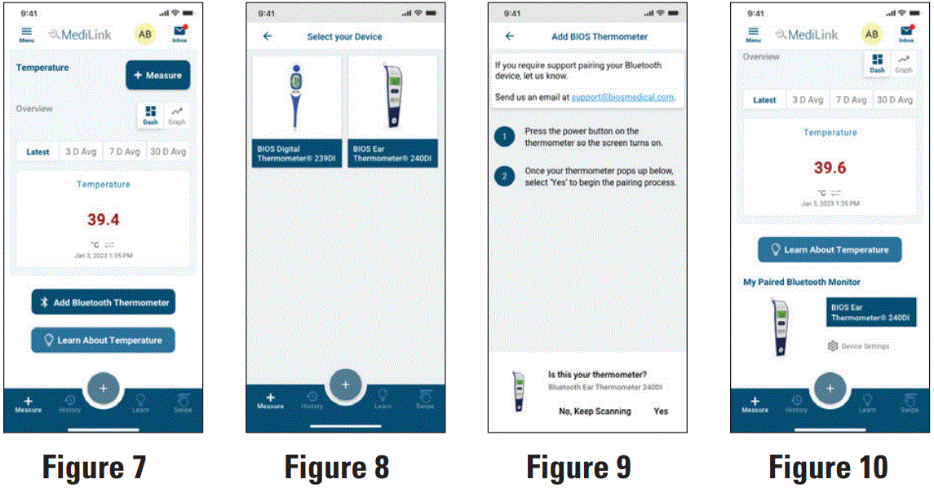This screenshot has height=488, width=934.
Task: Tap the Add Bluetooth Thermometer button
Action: [x=104, y=302]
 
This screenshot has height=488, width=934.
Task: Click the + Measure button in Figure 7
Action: [x=157, y=75]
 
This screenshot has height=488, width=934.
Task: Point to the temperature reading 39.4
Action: [x=104, y=219]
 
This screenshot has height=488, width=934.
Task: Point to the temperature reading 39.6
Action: [x=830, y=168]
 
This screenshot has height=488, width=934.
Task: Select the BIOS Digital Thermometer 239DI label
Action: [x=295, y=154]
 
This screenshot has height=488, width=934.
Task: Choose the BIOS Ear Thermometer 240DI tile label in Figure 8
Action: [x=392, y=154]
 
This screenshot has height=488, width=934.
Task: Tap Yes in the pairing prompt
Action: [x=661, y=411]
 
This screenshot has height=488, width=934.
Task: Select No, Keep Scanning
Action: [x=595, y=411]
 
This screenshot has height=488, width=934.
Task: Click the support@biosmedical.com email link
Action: [x=622, y=97]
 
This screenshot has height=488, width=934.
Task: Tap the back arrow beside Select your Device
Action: [x=268, y=37]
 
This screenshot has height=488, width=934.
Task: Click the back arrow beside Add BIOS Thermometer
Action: [x=510, y=37]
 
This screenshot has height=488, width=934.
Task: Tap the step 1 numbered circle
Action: [x=505, y=136]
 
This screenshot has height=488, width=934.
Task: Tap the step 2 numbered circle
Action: [x=505, y=176]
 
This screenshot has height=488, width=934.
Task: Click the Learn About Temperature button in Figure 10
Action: [x=830, y=250]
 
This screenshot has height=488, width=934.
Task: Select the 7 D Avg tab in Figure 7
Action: [x=125, y=152]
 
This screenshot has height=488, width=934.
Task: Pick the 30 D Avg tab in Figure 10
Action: [x=894, y=99]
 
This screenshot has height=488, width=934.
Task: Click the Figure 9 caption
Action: [x=578, y=468]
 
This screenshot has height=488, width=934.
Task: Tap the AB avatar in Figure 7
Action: [x=144, y=33]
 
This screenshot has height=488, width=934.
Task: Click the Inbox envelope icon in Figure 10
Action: [x=906, y=32]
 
